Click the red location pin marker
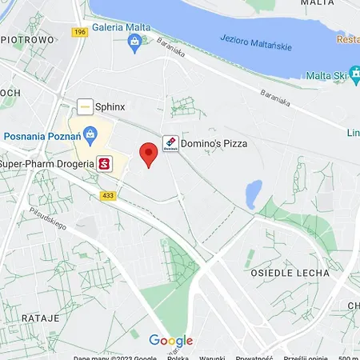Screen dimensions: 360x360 tap(148, 153)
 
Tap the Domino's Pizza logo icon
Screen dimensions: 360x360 tap(170, 143)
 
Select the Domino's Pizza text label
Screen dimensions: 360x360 tap(214, 143)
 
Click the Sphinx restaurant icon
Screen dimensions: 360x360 tap(84, 106)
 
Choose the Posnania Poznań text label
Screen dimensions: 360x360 tap(40, 134)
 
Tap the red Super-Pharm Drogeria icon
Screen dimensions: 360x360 tap(104, 165)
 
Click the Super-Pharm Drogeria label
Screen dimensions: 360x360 tap(46, 165)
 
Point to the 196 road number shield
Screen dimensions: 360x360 tap(79, 32)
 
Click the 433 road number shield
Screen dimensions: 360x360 tap(108, 195)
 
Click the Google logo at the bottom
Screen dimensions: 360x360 tap(171, 341)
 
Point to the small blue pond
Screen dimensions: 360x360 tap(253, 193)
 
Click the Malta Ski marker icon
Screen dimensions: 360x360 tap(312, 76)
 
